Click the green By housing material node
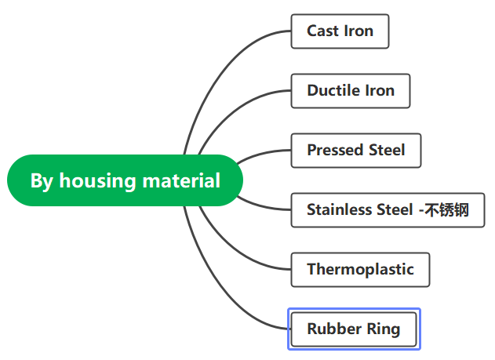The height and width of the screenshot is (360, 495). [x=125, y=180]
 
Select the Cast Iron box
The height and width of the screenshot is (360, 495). [x=340, y=31]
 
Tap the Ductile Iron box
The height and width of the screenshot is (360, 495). [x=351, y=91]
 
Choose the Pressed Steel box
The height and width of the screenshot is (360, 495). [x=356, y=151]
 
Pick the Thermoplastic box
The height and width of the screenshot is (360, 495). [x=360, y=270]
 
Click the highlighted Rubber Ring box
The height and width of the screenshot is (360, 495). [x=354, y=329]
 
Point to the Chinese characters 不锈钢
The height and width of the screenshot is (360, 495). [x=446, y=210]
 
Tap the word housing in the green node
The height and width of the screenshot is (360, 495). [x=97, y=181]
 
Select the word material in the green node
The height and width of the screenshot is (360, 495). [x=181, y=180]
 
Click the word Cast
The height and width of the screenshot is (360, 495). [x=322, y=31]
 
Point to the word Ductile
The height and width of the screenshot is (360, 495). [x=333, y=90]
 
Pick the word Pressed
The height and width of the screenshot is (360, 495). [x=334, y=150]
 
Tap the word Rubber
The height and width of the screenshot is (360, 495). [x=334, y=329]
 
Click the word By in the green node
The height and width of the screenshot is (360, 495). [x=42, y=181]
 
